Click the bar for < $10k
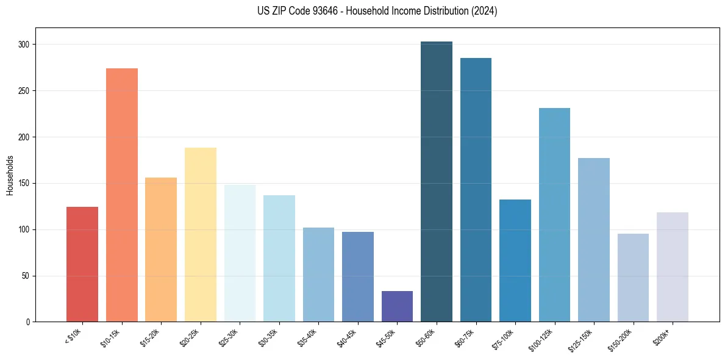pos(82,264)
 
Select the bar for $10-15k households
pos(122,195)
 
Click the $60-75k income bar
pos(476,190)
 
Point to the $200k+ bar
pos(673,267)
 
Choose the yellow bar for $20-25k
pos(201,235)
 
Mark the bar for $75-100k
pos(515,261)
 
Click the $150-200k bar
pos(633,278)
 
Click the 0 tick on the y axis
pos(29,322)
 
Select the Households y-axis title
pos(10,175)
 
